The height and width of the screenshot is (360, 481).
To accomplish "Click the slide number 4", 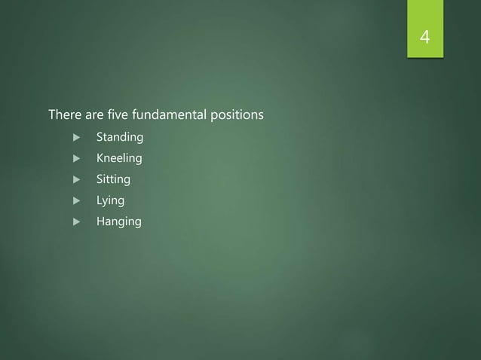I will (425, 37).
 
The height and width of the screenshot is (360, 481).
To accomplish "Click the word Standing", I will (120, 138).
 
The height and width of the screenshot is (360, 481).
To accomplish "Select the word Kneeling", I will (119, 159).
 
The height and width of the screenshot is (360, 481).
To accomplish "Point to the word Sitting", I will (112, 180).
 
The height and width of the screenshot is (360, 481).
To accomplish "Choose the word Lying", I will (110, 201).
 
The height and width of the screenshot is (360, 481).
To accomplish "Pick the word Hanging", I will (118, 222).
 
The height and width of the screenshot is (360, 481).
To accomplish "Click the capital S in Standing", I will (99, 138).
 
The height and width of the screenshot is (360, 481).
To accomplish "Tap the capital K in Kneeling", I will (99, 159).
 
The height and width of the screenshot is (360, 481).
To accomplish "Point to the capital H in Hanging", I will (100, 222).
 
